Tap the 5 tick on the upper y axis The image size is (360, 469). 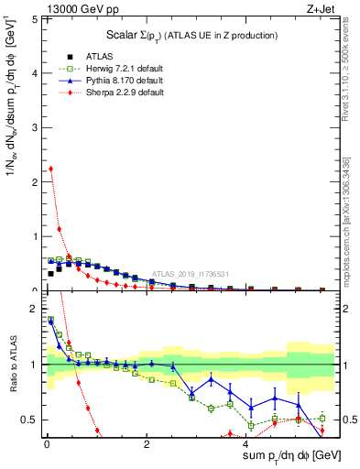pos(36,18)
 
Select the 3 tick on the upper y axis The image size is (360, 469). pos(36,127)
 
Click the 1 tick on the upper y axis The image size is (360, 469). pos(36,236)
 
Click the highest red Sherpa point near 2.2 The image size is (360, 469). pos(50,169)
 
